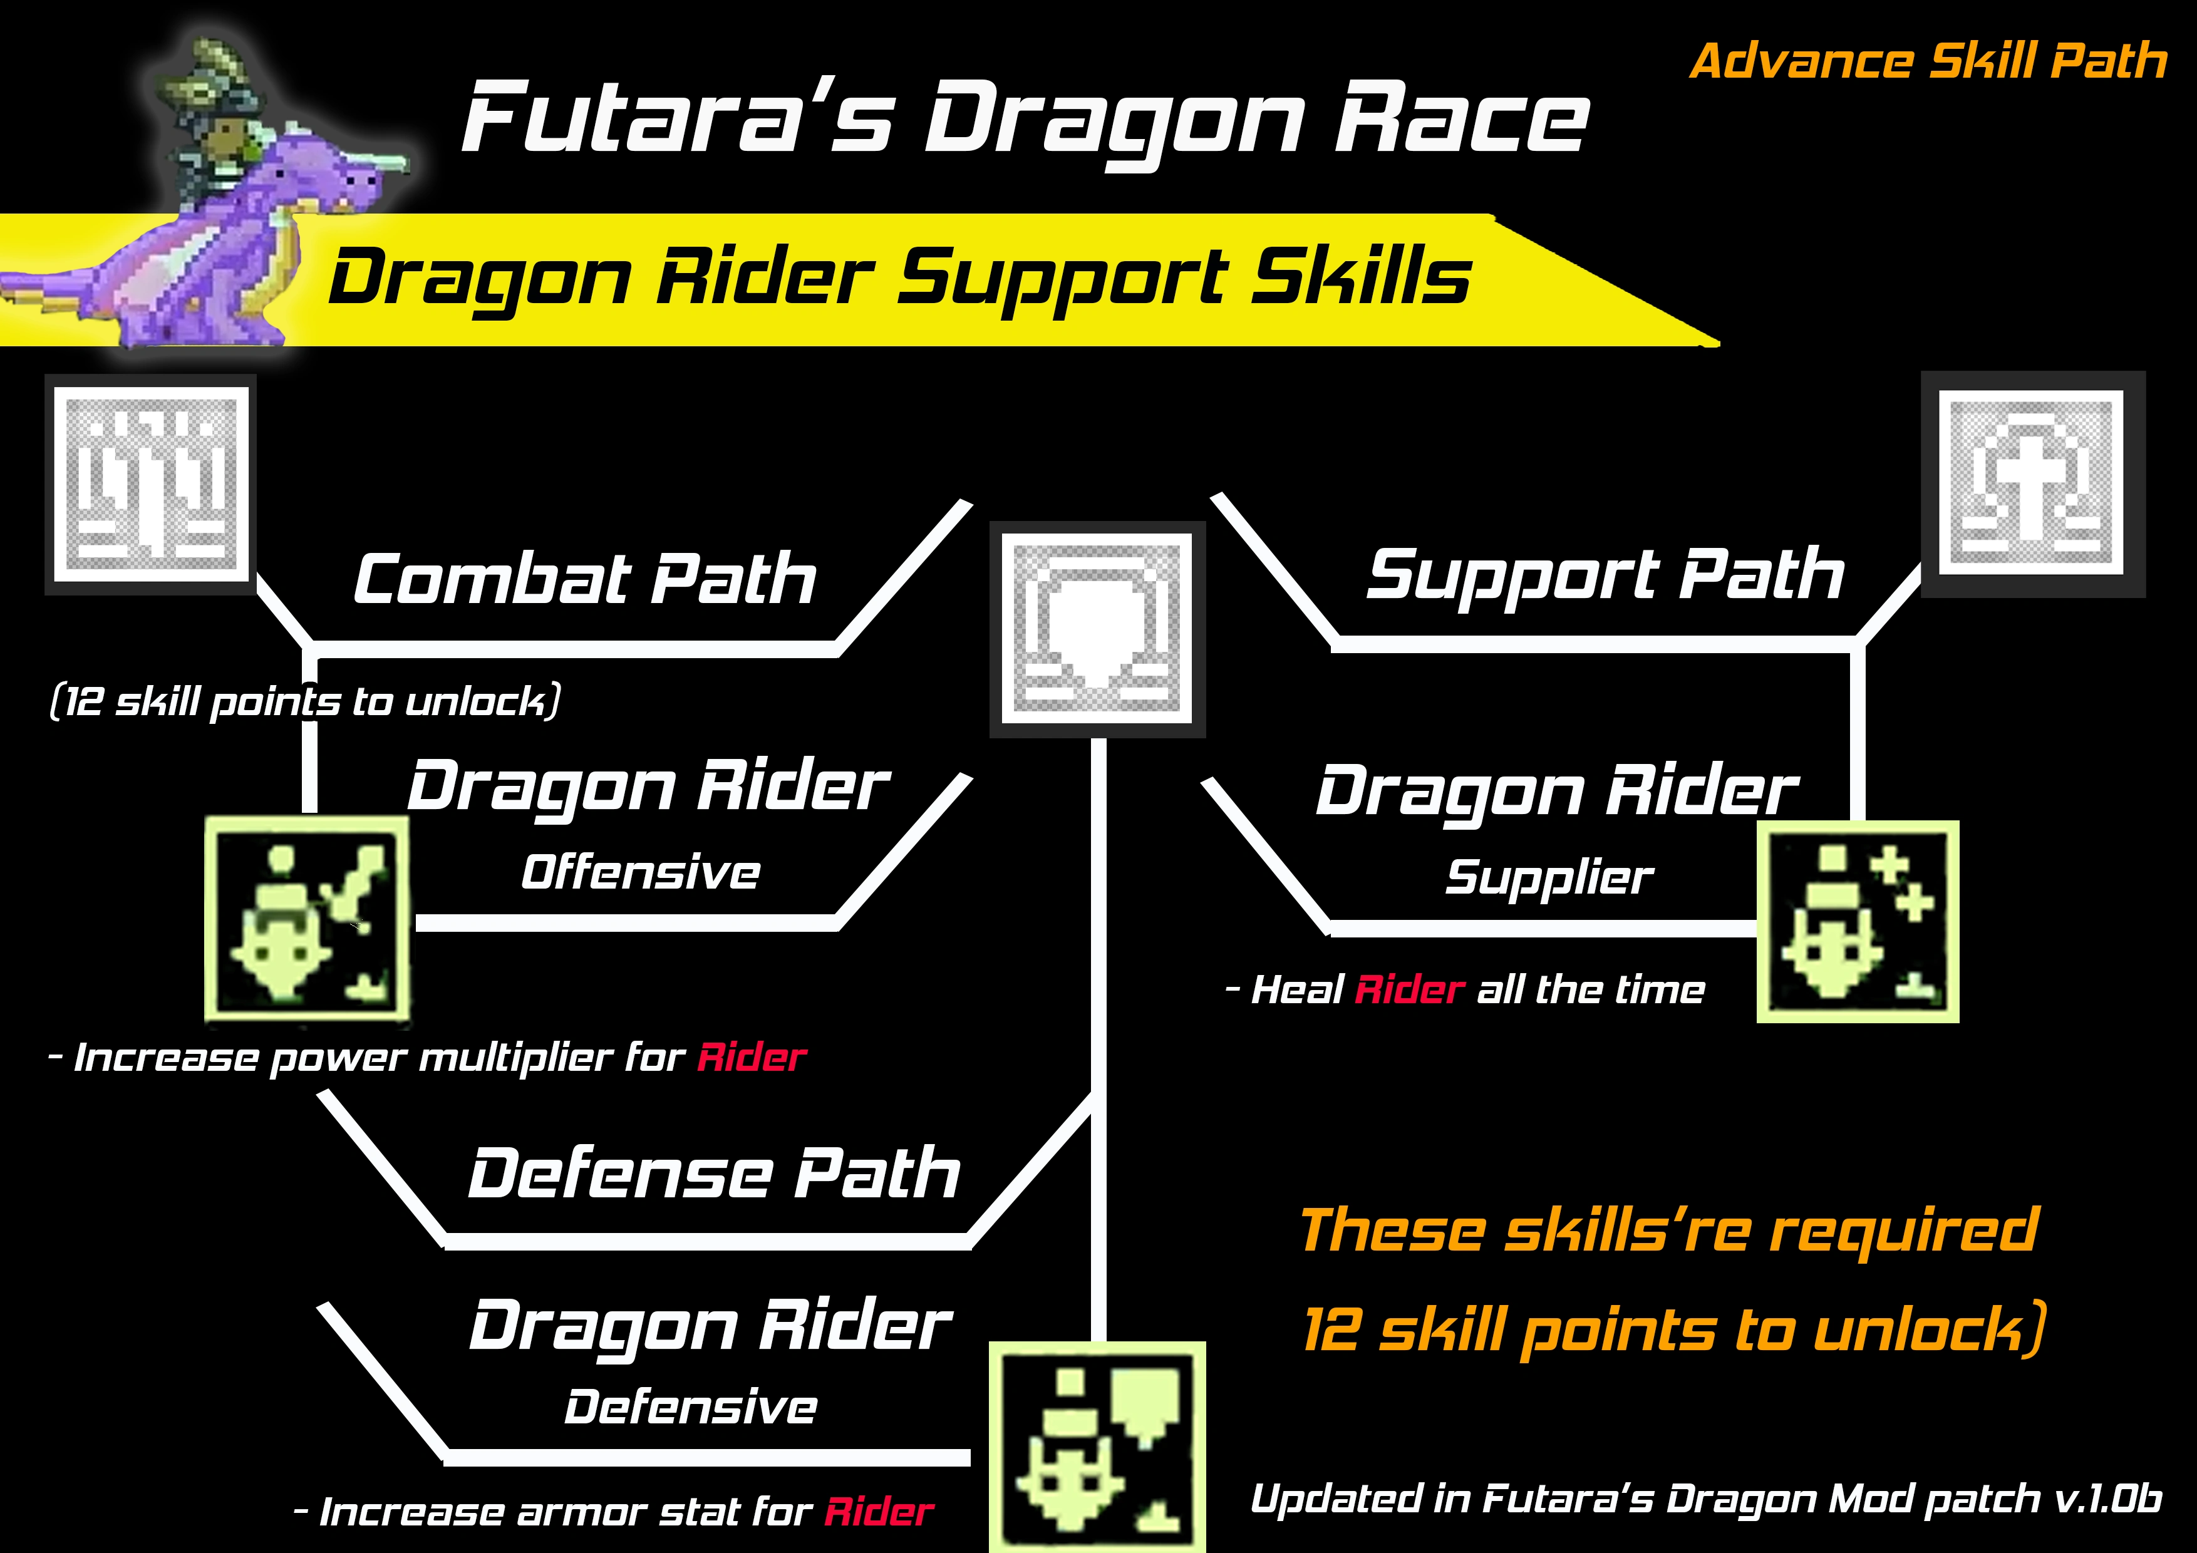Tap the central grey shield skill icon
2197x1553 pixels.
point(1097,629)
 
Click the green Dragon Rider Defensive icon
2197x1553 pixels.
point(1097,1445)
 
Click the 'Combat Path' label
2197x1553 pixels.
point(584,578)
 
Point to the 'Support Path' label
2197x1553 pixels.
point(1605,574)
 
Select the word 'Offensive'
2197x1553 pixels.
point(640,872)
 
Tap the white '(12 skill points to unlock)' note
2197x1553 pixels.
point(304,701)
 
